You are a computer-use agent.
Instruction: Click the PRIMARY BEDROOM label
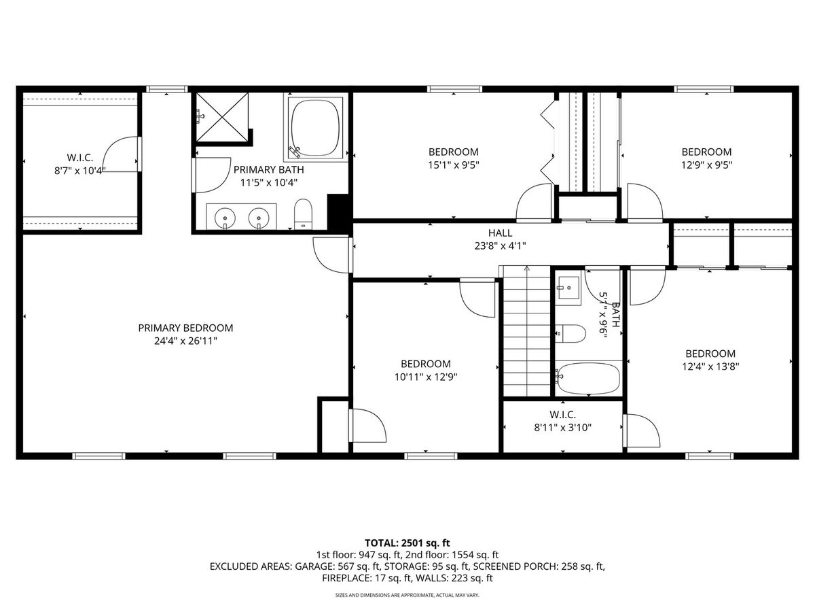(x=185, y=328)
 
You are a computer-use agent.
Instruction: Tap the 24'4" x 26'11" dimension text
(x=185, y=341)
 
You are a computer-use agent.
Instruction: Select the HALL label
(x=500, y=233)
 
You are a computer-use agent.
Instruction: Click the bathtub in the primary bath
(x=315, y=127)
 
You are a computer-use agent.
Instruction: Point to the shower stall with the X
(x=222, y=117)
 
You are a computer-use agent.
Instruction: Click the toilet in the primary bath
(x=303, y=214)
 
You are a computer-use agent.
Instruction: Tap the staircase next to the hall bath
(x=526, y=331)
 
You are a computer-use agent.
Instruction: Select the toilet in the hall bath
(x=570, y=333)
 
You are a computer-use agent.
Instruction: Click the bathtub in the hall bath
(x=589, y=379)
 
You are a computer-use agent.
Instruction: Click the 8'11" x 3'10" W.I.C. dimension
(x=562, y=427)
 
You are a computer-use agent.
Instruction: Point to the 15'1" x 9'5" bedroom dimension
(x=454, y=165)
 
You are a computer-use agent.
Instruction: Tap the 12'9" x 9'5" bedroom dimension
(x=706, y=165)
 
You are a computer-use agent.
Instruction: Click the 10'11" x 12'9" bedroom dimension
(x=426, y=377)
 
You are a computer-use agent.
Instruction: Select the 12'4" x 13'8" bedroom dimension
(x=710, y=367)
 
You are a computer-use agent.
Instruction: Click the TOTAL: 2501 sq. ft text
(x=407, y=543)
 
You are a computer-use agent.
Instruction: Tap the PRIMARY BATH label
(x=269, y=170)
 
